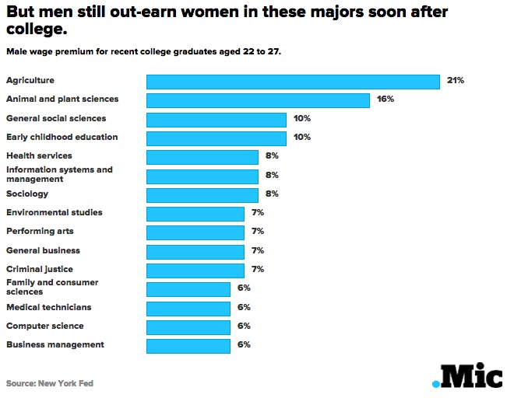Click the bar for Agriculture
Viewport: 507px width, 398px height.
[294, 81]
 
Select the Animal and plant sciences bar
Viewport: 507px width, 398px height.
[258, 99]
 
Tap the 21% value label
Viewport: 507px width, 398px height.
[456, 80]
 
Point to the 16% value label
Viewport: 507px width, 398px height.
[385, 99]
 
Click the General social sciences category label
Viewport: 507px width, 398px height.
[56, 118]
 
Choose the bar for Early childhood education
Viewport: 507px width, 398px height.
[217, 138]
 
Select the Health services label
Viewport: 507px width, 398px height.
[39, 155]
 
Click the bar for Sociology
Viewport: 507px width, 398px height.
[202, 194]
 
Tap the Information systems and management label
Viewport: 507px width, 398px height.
[59, 174]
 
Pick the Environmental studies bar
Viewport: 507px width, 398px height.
[195, 213]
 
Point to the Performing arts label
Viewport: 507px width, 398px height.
[40, 231]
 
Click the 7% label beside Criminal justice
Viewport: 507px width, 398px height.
[258, 269]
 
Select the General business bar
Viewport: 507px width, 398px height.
[195, 251]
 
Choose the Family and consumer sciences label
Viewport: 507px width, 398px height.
[52, 287]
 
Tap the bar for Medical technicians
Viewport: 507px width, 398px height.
[188, 308]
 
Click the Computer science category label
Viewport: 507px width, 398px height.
[45, 326]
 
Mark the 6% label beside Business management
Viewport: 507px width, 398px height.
[244, 344]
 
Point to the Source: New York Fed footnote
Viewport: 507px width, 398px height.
[44, 383]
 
